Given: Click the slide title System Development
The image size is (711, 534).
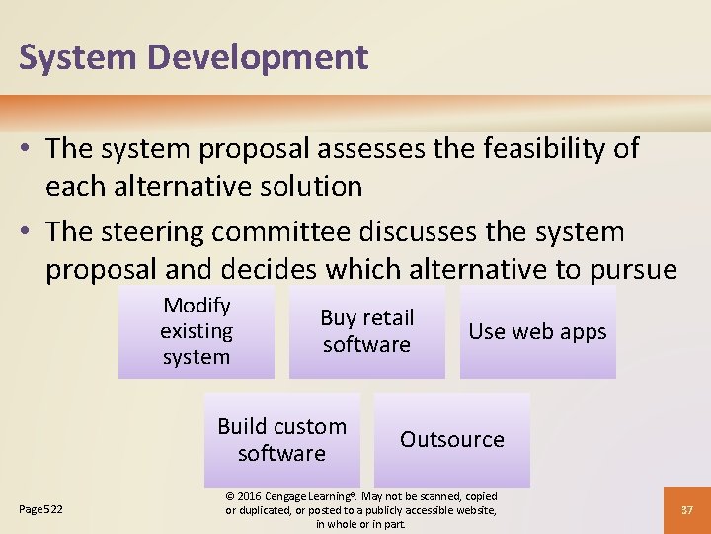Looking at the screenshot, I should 194,57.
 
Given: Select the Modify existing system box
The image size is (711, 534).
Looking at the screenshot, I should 197,331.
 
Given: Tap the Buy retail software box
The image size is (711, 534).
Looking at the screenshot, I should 366,331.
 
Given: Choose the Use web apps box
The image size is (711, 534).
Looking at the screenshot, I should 537,332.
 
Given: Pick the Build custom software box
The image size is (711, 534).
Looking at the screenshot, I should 281,440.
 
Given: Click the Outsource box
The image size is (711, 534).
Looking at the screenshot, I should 452,440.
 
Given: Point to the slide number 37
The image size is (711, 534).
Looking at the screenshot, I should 687,509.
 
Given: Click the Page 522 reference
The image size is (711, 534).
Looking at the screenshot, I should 41,509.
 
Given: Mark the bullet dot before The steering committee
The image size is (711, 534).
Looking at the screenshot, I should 28,233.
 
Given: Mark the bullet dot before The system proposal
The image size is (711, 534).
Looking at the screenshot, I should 28,150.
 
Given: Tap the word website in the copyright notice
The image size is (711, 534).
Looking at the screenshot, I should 473,510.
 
